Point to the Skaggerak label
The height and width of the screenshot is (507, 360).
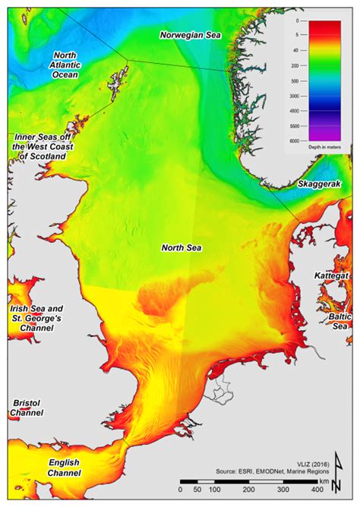tap(317, 184)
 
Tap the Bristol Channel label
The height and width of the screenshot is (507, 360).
tap(26, 408)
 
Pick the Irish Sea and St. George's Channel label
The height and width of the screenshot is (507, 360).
tap(36, 319)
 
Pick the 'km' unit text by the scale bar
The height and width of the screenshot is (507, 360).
tap(324, 481)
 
